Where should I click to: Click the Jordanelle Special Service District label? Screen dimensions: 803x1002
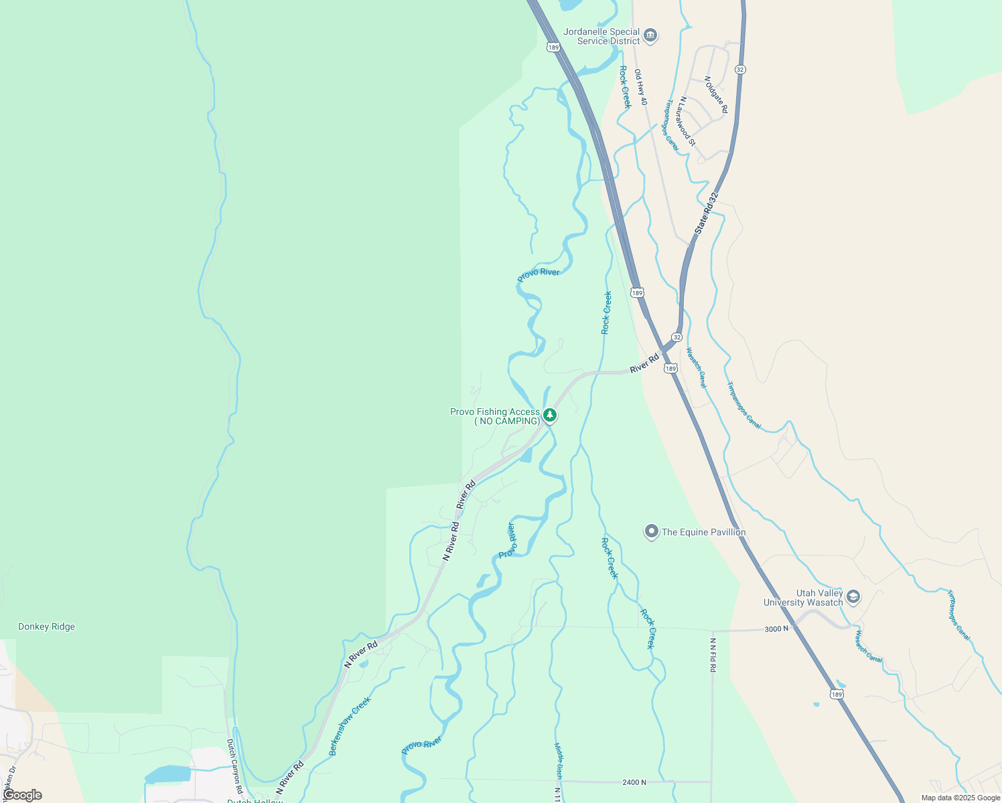[x=601, y=36]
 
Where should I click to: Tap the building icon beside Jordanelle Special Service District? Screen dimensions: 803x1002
[x=650, y=35]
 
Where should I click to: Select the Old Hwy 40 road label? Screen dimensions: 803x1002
[x=641, y=87]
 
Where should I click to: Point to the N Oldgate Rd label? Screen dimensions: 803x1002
[x=716, y=94]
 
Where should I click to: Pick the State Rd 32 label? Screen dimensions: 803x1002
[x=706, y=213]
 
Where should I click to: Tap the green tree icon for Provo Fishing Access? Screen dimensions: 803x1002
[x=550, y=416]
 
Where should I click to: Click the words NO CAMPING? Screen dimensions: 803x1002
[x=507, y=421]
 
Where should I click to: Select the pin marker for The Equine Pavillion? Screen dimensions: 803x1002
[x=651, y=532]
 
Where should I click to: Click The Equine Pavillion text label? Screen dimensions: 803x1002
[x=703, y=532]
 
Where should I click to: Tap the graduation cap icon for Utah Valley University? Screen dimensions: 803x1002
[x=853, y=596]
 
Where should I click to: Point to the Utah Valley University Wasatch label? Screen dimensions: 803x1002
[x=803, y=598]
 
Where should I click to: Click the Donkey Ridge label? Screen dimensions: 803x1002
[x=46, y=626]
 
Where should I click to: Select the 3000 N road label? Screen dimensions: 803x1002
[x=776, y=628]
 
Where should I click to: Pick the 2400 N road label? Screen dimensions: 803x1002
[x=634, y=782]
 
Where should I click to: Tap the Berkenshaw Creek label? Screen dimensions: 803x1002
[x=350, y=726]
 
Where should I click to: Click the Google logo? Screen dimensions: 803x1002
[x=23, y=795]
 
